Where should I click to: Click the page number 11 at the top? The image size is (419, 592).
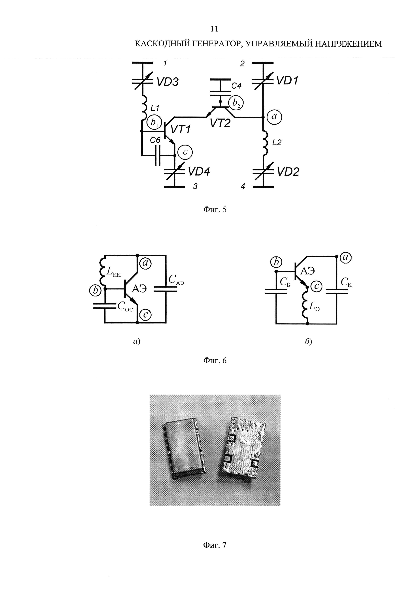point(214,29)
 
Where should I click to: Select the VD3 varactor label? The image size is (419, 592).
point(167,82)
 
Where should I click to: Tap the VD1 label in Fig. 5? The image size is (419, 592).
point(287,81)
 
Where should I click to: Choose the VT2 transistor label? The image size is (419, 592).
point(220,123)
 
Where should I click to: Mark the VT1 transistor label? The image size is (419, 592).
point(180,129)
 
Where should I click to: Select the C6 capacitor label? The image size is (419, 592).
point(155,140)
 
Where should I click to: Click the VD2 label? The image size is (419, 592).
point(288,172)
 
